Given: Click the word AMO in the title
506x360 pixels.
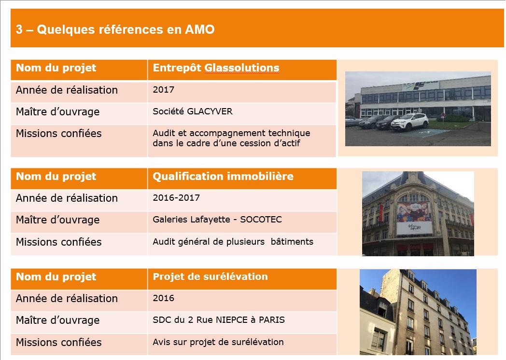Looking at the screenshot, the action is click(199, 29).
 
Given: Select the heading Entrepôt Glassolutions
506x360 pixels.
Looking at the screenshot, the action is click(216, 68).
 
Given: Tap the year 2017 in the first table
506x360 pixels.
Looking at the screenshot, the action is click(163, 89).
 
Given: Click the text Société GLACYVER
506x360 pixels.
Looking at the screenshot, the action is click(193, 111).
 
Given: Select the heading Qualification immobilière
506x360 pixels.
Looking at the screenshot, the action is click(223, 176).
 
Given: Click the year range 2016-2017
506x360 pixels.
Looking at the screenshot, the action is click(176, 197).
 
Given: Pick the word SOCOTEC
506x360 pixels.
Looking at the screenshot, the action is click(261, 220).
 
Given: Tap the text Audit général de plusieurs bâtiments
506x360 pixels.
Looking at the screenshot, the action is click(233, 242).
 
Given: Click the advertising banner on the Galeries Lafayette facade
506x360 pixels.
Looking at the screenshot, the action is click(414, 218).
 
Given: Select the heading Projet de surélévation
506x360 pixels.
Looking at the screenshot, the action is click(210, 277).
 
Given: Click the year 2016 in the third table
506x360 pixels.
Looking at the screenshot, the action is click(163, 298).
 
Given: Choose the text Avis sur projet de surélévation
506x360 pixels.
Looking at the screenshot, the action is click(218, 342).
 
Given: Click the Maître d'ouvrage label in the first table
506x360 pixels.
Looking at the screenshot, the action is click(58, 111).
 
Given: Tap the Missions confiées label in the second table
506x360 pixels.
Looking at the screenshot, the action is click(59, 242).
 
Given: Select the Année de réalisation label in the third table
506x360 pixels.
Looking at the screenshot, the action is click(67, 298).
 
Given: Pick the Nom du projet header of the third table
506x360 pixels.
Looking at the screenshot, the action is click(56, 277).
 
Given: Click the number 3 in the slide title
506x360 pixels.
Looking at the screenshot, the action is click(19, 29).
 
